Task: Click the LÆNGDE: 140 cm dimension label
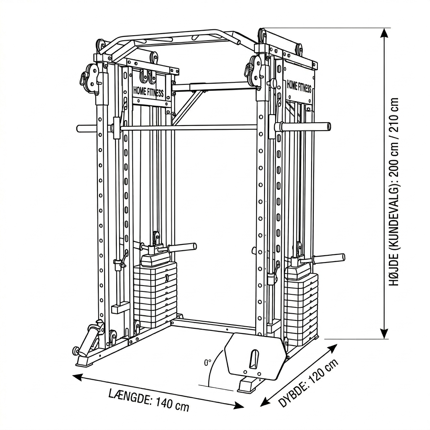pyautogui.click(x=149, y=399)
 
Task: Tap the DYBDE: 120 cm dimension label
pyautogui.click(x=309, y=384)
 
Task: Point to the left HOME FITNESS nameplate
pyautogui.click(x=148, y=92)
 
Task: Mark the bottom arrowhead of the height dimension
pyautogui.click(x=384, y=334)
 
